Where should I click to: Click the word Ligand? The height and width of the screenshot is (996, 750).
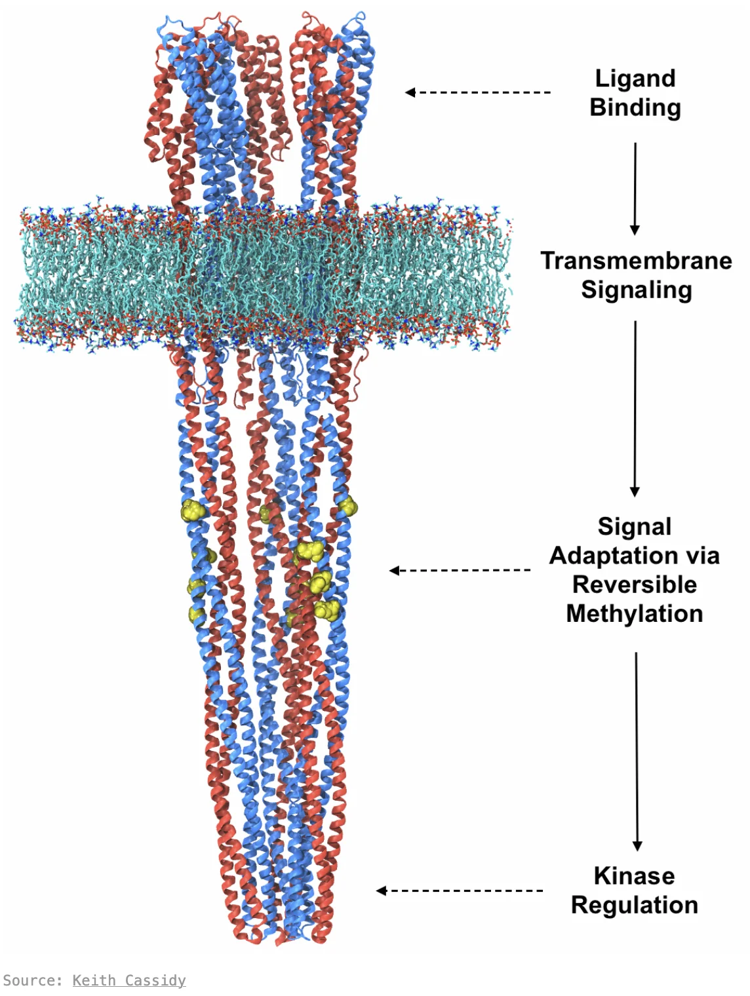(x=635, y=79)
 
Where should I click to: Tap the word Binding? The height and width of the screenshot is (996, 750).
(x=635, y=108)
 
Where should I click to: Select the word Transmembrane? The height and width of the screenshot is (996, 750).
(x=636, y=261)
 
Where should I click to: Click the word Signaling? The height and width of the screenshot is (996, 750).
(x=637, y=290)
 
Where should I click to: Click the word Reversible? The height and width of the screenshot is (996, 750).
(x=634, y=584)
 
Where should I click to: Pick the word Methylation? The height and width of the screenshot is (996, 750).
(x=634, y=614)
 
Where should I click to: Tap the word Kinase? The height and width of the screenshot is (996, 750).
(x=634, y=875)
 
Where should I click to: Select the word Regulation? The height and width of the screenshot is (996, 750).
(x=634, y=906)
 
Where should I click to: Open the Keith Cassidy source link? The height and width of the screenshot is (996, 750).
(x=129, y=980)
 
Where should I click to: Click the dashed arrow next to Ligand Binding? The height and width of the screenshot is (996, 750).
(x=478, y=92)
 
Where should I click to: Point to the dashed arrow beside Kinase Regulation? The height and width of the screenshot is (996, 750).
(x=459, y=891)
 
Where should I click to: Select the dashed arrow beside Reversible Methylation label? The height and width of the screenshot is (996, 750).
(x=460, y=570)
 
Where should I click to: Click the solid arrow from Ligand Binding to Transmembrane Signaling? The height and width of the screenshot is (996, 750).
(x=635, y=189)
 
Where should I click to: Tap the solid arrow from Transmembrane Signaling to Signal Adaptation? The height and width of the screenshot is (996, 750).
(x=635, y=409)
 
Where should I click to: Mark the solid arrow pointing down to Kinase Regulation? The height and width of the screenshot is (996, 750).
(x=637, y=752)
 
